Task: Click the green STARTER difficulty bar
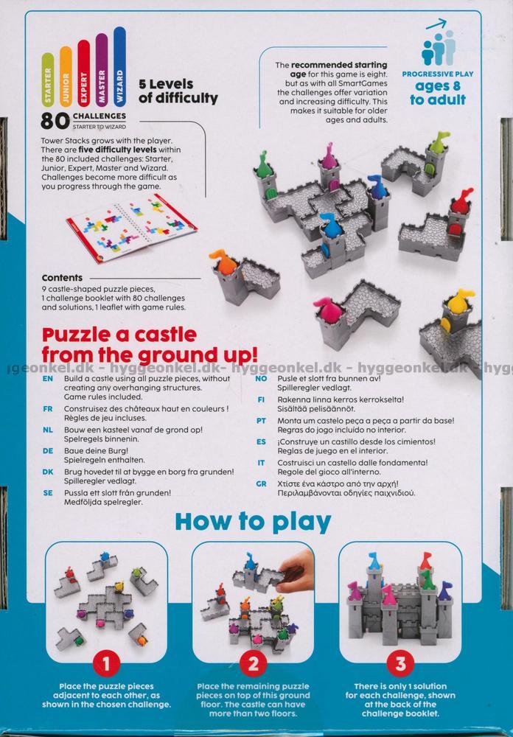[x=47, y=79]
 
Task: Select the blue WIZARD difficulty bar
[x=119, y=66]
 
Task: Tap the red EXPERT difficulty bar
[x=83, y=73]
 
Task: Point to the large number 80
[x=55, y=121]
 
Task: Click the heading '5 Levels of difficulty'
[x=178, y=91]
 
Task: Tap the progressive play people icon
[x=439, y=47]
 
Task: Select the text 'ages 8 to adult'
[x=437, y=93]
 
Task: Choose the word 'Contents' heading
[x=62, y=278]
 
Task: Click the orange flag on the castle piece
[x=222, y=261]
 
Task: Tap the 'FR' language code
[x=47, y=409]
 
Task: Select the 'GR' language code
[x=262, y=483]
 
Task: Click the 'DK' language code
[x=48, y=472]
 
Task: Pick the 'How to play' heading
[x=253, y=523]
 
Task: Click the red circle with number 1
[x=106, y=664]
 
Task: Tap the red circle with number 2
[x=254, y=664]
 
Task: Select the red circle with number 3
[x=400, y=664]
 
